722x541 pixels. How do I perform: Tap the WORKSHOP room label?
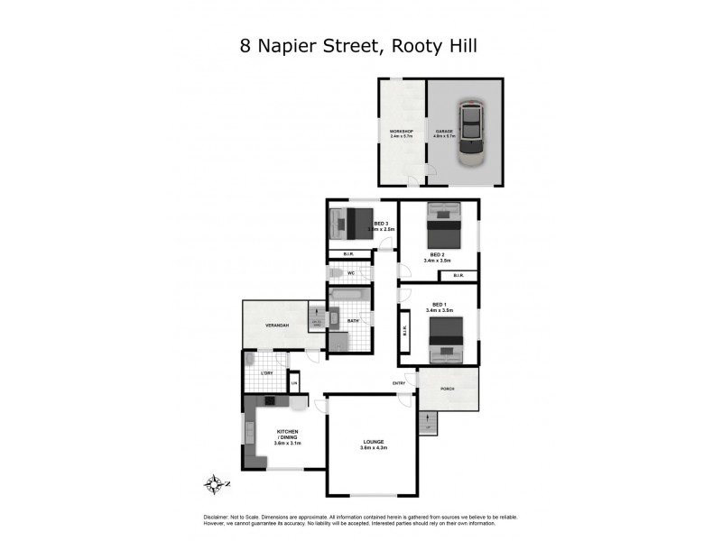pyautogui.click(x=401, y=132)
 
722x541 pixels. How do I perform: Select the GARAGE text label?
pyautogui.click(x=442, y=132)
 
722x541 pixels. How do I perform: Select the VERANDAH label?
pyautogui.click(x=276, y=325)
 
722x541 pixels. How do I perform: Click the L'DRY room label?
pyautogui.click(x=266, y=372)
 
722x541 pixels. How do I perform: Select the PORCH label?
pyautogui.click(x=446, y=390)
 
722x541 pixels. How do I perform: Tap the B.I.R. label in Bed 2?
pyautogui.click(x=458, y=275)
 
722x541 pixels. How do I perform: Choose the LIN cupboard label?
pyautogui.click(x=293, y=383)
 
